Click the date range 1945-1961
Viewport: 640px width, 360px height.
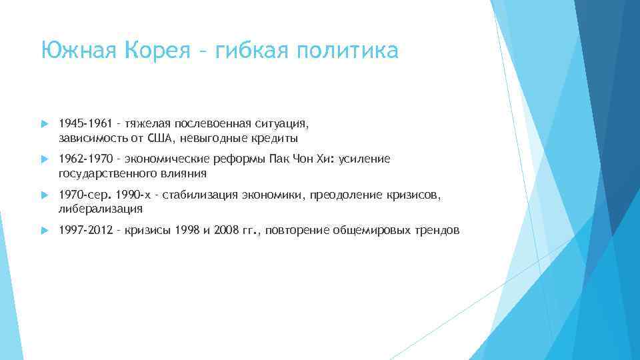83,124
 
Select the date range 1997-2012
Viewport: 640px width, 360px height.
83,231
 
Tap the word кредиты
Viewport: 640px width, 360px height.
275,139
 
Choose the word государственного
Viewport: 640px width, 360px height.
107,174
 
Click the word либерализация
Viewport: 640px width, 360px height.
101,209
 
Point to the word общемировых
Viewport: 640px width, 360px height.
371,231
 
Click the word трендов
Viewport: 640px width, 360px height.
436,231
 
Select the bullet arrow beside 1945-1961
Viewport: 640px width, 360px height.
45,125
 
